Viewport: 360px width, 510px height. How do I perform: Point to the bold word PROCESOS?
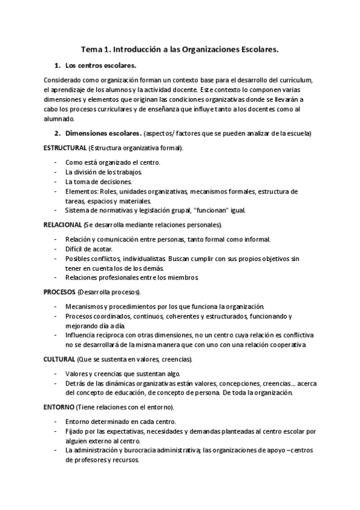tap(59, 292)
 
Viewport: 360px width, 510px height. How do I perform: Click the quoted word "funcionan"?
tap(209, 210)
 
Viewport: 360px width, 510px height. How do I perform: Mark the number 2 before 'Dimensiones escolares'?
tap(57, 133)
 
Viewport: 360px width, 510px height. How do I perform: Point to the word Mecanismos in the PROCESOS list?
tap(85, 306)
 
